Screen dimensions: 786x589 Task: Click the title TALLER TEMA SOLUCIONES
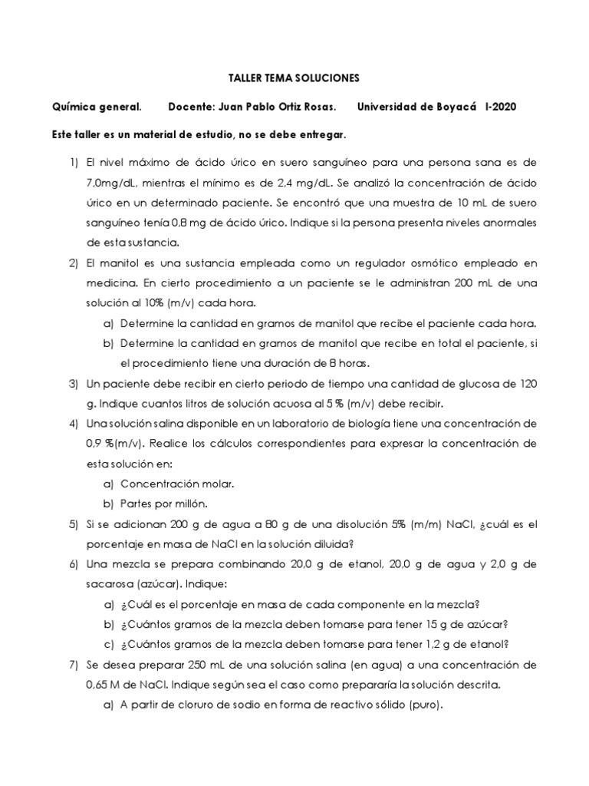pyautogui.click(x=295, y=78)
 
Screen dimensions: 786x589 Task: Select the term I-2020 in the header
pyautogui.click(x=501, y=107)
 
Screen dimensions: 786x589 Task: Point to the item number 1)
pyautogui.click(x=73, y=163)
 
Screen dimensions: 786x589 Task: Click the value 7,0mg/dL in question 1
pyautogui.click(x=110, y=183)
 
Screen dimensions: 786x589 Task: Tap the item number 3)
pyautogui.click(x=73, y=383)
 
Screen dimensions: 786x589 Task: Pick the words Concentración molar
pyautogui.click(x=177, y=484)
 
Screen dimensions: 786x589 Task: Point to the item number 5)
pyautogui.click(x=73, y=523)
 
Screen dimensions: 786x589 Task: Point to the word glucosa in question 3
pyautogui.click(x=458, y=383)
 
